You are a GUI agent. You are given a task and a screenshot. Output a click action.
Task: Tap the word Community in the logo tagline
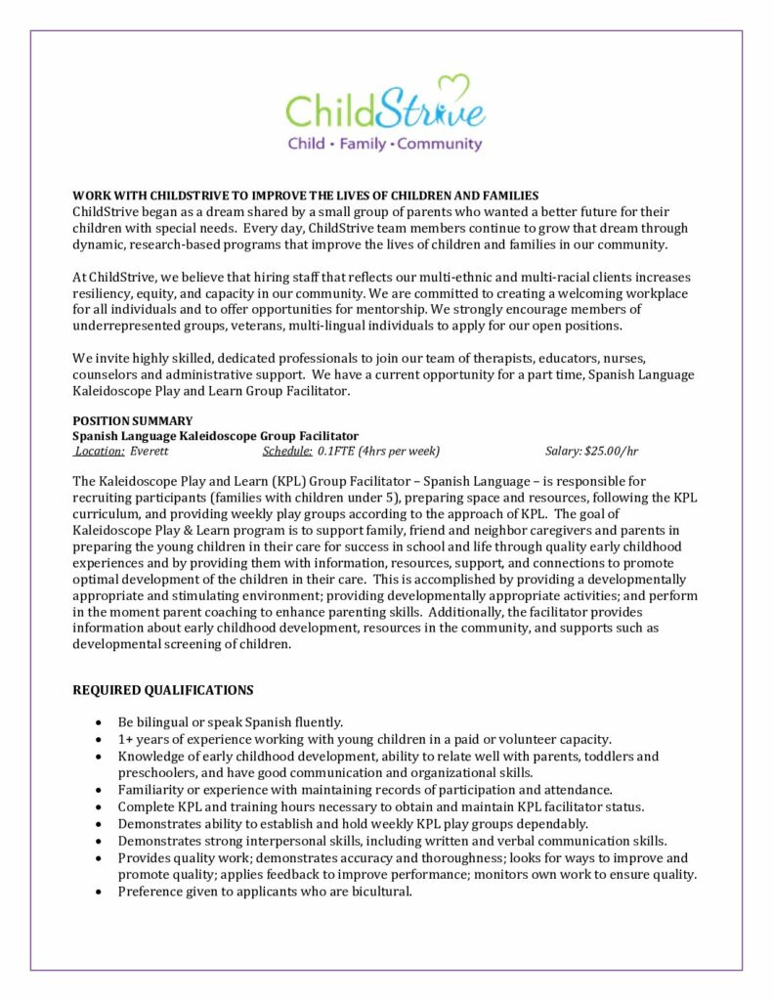coord(440,144)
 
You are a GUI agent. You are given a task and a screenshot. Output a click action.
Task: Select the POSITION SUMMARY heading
coord(125,420)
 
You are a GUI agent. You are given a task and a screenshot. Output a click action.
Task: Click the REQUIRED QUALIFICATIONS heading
coord(163,690)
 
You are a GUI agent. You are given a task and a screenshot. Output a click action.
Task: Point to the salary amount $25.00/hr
coord(610,452)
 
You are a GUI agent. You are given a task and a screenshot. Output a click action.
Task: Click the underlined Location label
coord(100,452)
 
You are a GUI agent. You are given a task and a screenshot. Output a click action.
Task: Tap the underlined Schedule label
coord(286,452)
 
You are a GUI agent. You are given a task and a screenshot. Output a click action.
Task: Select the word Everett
coord(150,452)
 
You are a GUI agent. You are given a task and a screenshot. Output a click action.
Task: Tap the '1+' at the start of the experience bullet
coord(126,739)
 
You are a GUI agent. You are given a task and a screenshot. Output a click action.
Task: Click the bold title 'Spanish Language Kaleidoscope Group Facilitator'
coord(215,436)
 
